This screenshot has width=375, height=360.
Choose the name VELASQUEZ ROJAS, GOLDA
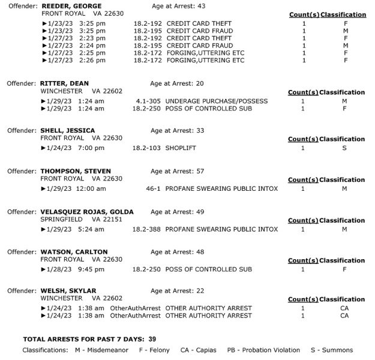87,212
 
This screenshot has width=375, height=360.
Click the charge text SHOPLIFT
183,148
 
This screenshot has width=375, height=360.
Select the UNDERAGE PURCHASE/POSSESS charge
217,101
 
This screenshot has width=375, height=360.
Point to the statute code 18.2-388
146,229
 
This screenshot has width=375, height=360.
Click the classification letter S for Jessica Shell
344,148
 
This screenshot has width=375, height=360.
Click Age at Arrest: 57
178,171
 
